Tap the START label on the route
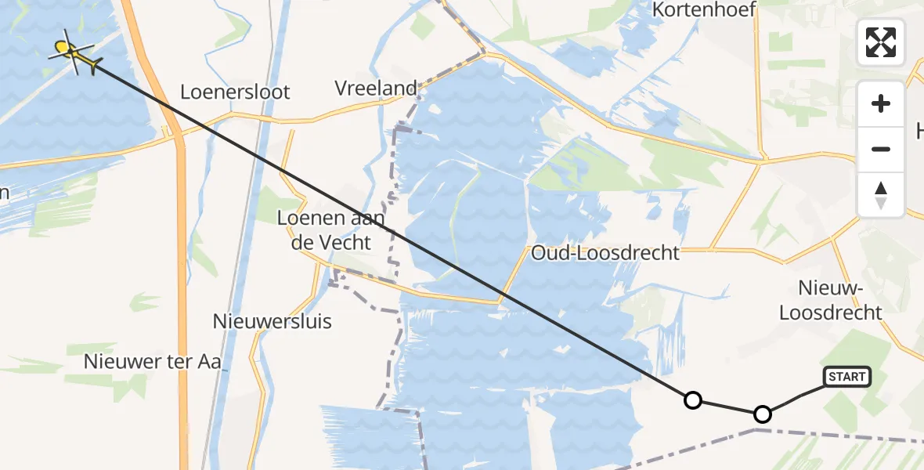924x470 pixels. tap(846, 377)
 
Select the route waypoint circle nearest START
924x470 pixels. tap(762, 414)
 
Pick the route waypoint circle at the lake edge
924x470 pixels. tap(692, 400)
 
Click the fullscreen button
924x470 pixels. tap(881, 42)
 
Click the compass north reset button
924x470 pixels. tap(881, 194)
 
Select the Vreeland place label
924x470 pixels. tap(376, 89)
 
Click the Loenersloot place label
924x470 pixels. tap(235, 92)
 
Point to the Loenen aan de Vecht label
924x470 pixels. tap(330, 230)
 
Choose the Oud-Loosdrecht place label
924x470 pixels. tap(605, 253)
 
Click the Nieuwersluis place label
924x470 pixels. tap(273, 321)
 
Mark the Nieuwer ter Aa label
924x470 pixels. tap(153, 361)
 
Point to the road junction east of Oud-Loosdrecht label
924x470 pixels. tap(713, 251)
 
